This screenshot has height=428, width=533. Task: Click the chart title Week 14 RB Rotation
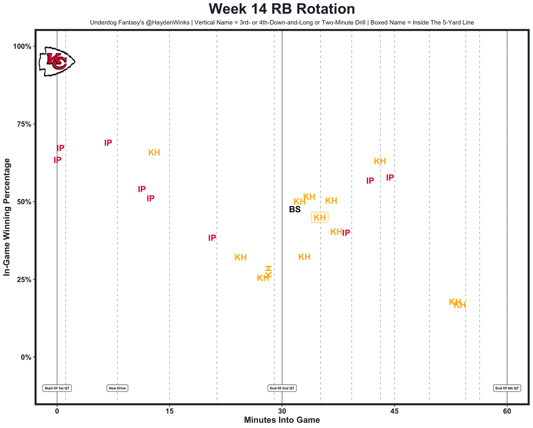tap(282, 9)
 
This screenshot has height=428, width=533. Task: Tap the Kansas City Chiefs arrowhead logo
tap(57, 62)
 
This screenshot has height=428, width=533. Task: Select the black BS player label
tap(295, 210)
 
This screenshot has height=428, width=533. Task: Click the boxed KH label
tap(320, 218)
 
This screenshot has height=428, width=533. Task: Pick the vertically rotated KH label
tap(269, 271)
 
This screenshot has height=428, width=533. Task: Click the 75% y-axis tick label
tap(24, 124)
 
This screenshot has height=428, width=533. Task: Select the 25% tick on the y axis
tap(24, 280)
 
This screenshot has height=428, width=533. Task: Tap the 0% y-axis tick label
tap(26, 357)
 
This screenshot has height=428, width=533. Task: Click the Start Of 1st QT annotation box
tap(57, 388)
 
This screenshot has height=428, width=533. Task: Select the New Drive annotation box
tap(117, 388)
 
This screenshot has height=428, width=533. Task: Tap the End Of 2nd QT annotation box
tap(282, 388)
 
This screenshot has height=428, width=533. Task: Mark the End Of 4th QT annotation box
tap(507, 388)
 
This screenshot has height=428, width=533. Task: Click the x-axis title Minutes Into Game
tap(282, 420)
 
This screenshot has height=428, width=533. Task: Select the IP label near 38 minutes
tap(346, 233)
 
